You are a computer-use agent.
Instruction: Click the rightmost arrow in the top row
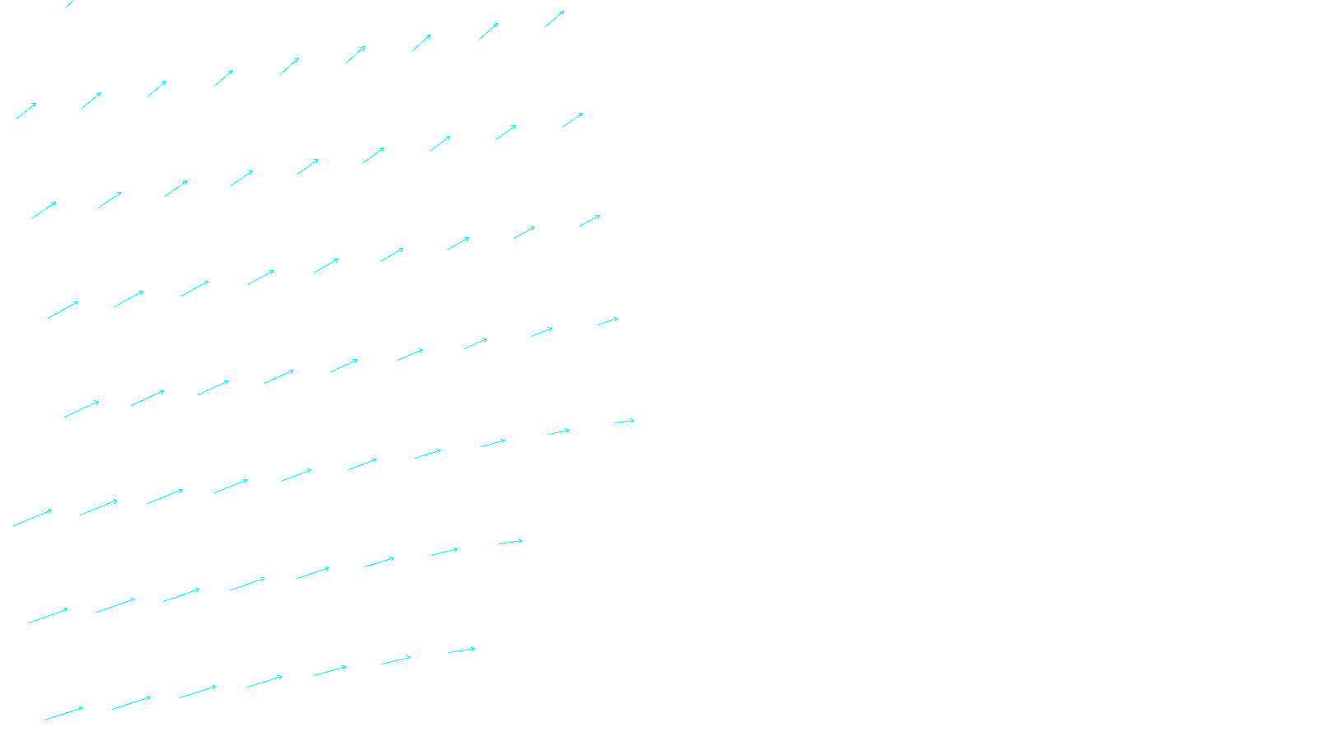pos(554,20)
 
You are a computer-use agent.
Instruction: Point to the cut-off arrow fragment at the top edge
pos(69,4)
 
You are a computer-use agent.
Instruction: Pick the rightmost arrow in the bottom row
pos(462,650)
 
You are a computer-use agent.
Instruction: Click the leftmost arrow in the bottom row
pos(63,713)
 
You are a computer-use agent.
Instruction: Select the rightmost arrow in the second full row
pos(573,120)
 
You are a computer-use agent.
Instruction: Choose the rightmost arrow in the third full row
pos(589,221)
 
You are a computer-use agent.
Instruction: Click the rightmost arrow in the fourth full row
pos(607,321)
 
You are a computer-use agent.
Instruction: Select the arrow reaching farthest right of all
pos(625,422)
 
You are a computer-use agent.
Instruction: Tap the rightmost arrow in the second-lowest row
pos(510,542)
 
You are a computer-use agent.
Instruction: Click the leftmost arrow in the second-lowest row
pos(49,615)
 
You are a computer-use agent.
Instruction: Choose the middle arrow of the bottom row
pos(264,682)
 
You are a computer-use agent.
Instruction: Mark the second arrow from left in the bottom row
pos(131,703)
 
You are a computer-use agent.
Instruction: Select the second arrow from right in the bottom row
pos(396,660)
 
